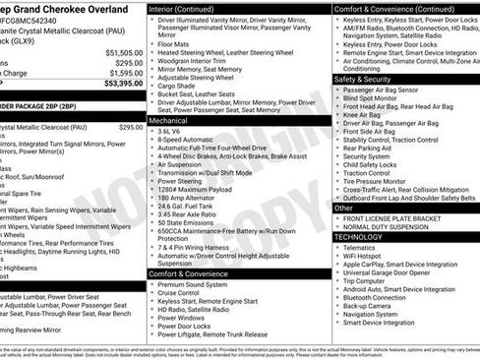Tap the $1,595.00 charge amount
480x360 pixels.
tap(125, 73)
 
